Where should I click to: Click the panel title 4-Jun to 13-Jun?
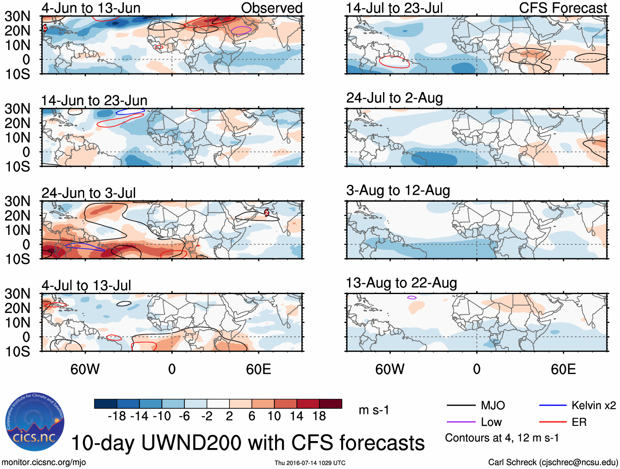(91, 8)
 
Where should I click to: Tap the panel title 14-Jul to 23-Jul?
(394, 8)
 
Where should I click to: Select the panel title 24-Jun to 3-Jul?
(88, 193)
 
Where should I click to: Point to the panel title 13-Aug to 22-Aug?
(401, 283)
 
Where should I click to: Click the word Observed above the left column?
(271, 8)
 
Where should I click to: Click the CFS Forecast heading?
(563, 8)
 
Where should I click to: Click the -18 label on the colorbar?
(117, 416)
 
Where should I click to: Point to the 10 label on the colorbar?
(274, 416)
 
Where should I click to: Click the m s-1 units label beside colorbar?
(374, 410)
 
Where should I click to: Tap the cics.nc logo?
(35, 422)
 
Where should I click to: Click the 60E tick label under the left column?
(258, 369)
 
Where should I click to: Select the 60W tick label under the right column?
(390, 369)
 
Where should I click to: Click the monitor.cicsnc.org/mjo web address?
(44, 462)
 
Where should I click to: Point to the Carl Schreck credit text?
(553, 462)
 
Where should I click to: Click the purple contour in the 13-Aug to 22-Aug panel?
(412, 297)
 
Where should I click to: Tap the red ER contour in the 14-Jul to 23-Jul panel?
(394, 62)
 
